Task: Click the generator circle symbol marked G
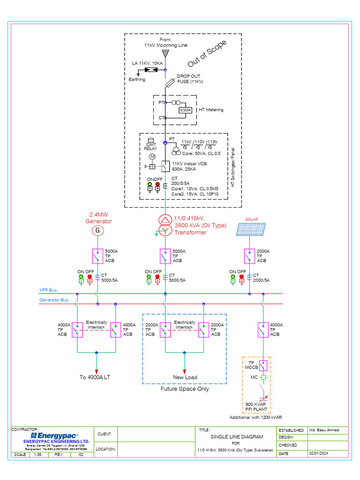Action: click(x=97, y=231)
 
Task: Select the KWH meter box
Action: click(x=185, y=110)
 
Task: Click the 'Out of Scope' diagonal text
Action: click(x=207, y=53)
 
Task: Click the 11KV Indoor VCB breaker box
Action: click(x=165, y=166)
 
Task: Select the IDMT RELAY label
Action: click(x=150, y=146)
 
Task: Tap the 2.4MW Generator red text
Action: click(x=98, y=218)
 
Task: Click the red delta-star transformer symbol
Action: click(x=165, y=225)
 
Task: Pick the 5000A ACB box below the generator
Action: click(x=97, y=256)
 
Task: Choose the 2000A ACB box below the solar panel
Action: click(x=249, y=256)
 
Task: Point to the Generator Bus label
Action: click(x=54, y=300)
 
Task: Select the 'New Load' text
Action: click(x=185, y=377)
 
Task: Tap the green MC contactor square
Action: click(x=263, y=377)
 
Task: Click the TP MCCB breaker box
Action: click(x=263, y=365)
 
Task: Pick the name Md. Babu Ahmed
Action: click(x=324, y=430)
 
